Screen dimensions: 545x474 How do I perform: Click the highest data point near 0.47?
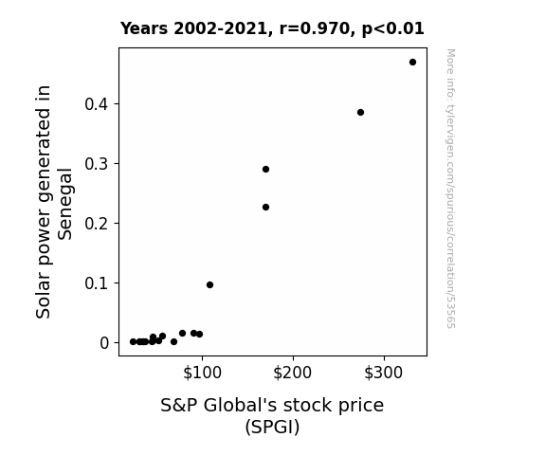[412, 63]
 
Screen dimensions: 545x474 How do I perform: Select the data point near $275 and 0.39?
[360, 112]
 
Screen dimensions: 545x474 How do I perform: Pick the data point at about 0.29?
[266, 170]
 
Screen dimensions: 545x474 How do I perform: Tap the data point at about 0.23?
[266, 208]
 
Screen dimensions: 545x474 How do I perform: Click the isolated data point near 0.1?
[209, 284]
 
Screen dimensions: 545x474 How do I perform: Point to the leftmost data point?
[133, 342]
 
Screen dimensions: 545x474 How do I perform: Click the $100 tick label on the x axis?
[202, 373]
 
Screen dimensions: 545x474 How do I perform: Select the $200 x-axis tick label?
[292, 373]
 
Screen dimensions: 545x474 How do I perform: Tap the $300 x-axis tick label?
[383, 373]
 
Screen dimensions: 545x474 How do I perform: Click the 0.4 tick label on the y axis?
[97, 104]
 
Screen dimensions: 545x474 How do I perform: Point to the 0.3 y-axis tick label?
[97, 164]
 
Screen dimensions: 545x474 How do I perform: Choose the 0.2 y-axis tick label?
[97, 224]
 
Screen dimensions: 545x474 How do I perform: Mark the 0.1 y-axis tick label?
[97, 283]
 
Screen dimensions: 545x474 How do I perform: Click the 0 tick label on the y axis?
[104, 343]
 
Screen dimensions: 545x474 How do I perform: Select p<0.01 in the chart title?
[392, 29]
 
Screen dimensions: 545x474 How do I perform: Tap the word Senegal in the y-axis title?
[64, 204]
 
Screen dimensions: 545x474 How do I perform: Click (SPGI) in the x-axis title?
[272, 427]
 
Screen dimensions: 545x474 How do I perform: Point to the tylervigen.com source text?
[451, 189]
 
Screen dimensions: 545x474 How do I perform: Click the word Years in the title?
[144, 28]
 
